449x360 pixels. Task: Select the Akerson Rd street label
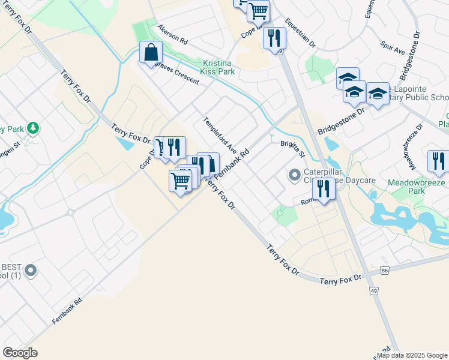click(x=173, y=35)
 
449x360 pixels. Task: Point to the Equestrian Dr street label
click(x=300, y=32)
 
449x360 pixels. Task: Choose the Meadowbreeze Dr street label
click(x=413, y=143)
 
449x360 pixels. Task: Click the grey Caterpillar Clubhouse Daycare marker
click(x=294, y=176)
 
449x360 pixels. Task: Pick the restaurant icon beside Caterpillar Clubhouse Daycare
click(x=324, y=189)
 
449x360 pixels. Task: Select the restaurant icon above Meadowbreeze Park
click(x=439, y=161)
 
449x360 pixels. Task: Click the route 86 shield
click(x=385, y=271)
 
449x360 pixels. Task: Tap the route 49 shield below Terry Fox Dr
click(x=373, y=291)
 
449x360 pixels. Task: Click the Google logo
click(x=20, y=353)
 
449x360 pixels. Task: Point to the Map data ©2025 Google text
click(x=412, y=355)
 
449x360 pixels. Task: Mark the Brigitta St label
click(x=294, y=149)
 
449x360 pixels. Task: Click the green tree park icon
click(x=33, y=128)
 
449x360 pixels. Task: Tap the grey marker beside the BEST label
click(x=30, y=271)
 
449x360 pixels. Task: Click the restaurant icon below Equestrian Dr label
click(x=274, y=38)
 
